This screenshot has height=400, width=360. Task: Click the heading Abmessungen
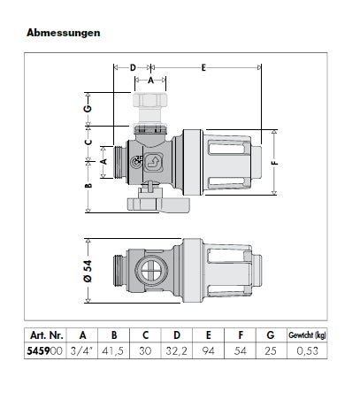pyautogui.click(x=63, y=33)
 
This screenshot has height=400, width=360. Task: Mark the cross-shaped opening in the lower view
pyautogui.click(x=150, y=265)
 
